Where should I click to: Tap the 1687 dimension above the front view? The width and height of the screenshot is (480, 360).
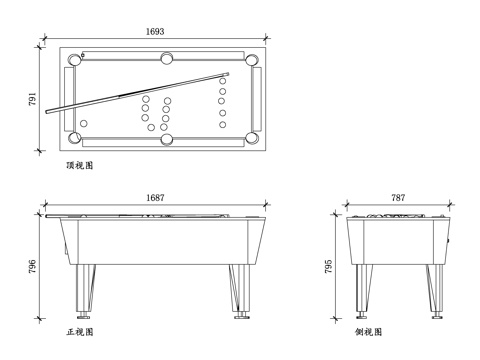click(x=155, y=198)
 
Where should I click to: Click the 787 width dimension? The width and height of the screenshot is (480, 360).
click(x=398, y=198)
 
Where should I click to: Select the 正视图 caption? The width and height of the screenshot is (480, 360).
click(x=79, y=331)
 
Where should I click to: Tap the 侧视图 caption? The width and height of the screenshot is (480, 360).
click(x=367, y=331)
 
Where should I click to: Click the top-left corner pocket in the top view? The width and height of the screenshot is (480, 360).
click(x=73, y=59)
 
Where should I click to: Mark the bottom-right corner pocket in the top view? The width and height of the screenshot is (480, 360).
click(x=253, y=137)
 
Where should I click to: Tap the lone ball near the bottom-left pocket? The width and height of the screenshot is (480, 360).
click(x=84, y=124)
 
